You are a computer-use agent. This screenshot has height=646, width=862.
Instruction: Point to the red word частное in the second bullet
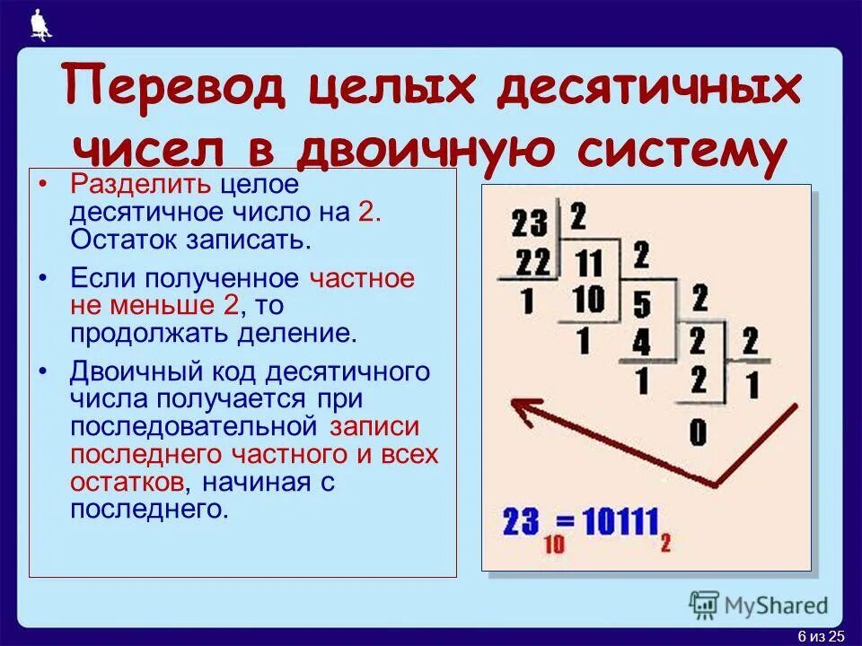point(362,277)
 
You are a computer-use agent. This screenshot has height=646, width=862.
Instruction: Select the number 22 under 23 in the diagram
point(532,264)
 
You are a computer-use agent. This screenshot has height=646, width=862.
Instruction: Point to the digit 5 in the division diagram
point(641,306)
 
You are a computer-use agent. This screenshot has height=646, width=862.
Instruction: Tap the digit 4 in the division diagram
point(641,342)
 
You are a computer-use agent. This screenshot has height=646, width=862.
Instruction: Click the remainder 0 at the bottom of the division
point(698,433)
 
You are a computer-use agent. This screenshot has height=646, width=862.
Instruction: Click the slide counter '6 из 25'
point(822,636)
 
